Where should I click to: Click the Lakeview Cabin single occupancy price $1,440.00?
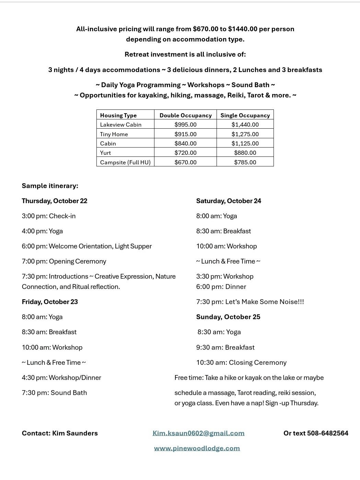[x=245, y=125]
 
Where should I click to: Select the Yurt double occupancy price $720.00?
[x=185, y=153]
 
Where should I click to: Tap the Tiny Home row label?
[x=114, y=134]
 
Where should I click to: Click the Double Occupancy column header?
[x=185, y=115]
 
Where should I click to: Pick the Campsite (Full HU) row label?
[x=125, y=162]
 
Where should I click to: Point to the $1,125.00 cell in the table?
[x=245, y=143]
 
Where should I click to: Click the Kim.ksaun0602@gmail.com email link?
[x=198, y=433]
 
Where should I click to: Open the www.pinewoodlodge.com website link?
[x=197, y=448]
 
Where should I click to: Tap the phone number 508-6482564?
[x=327, y=433]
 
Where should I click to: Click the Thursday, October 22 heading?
[x=55, y=201]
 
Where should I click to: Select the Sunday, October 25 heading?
[x=228, y=317]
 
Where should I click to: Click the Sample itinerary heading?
[x=50, y=186]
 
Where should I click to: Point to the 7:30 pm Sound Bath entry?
[x=54, y=393]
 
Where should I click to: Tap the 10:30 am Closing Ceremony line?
[x=241, y=362]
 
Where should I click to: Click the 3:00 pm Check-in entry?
[x=49, y=216]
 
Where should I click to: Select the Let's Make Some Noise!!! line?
[x=250, y=302]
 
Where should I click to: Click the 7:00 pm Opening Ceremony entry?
[x=64, y=261]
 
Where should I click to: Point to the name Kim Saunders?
[x=75, y=433]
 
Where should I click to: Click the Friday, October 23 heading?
[x=50, y=302]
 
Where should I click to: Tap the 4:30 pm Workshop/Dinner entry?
[x=61, y=377]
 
